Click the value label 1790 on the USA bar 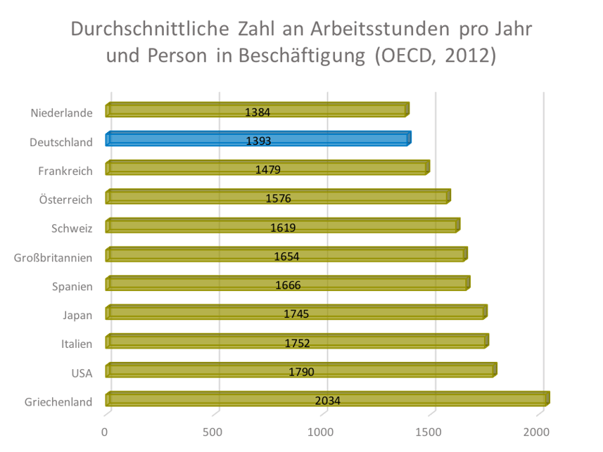tap(301, 372)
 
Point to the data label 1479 tap(268, 169)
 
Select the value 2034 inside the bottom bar tap(328, 401)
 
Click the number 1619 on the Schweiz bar tap(283, 227)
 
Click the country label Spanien tap(72, 286)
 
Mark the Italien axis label tap(77, 344)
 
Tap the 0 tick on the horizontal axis tap(106, 432)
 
